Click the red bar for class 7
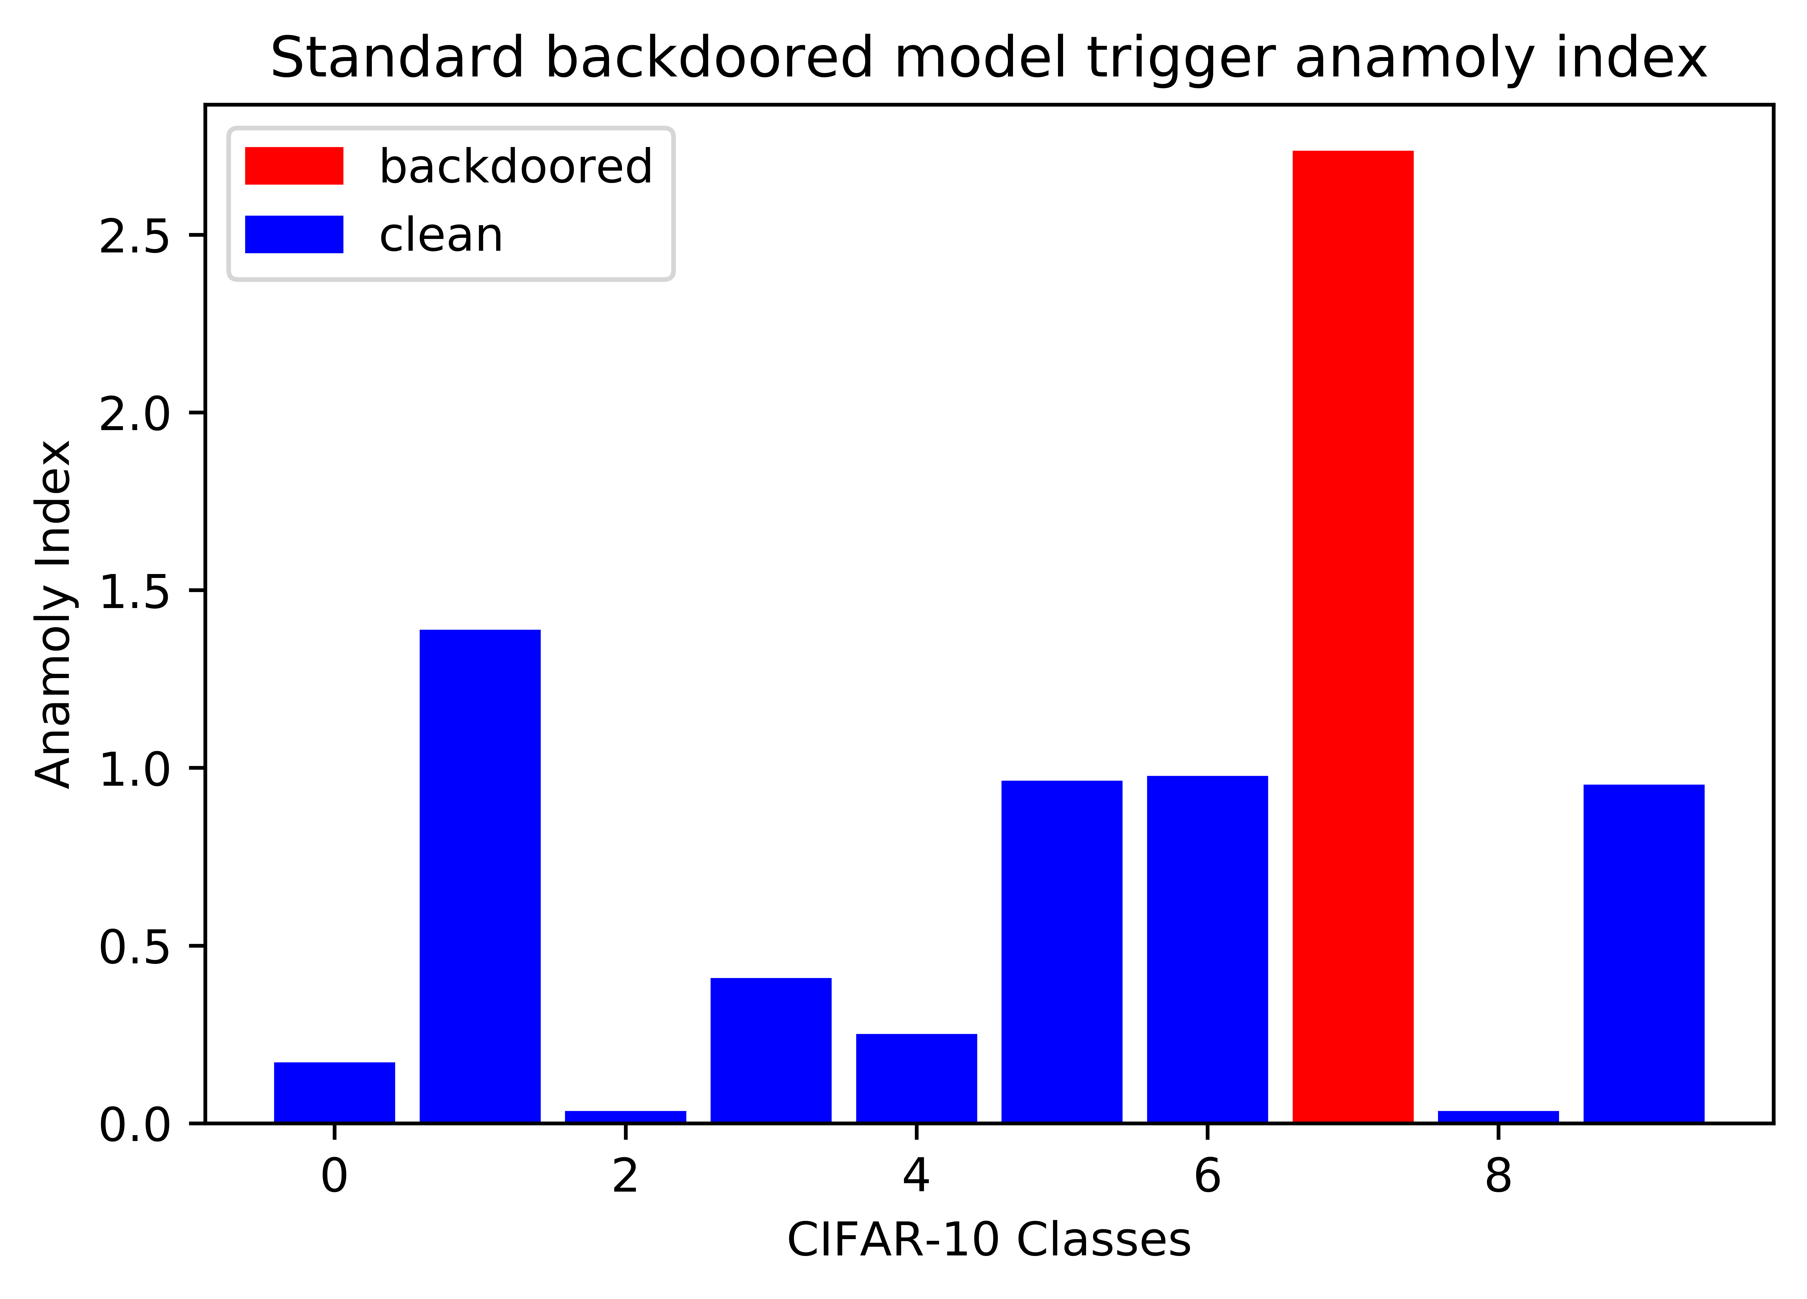coord(1353,637)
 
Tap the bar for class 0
coord(335,1093)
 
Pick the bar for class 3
coord(771,1050)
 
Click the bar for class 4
coord(916,1078)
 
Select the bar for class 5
coord(1062,952)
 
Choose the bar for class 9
coord(1644,954)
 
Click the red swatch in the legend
coord(294,166)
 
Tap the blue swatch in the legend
coord(294,234)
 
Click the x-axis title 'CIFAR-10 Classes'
coord(989,1240)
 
